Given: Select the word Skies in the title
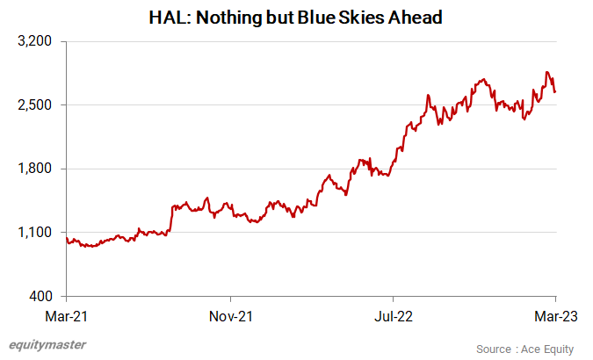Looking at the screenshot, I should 379,16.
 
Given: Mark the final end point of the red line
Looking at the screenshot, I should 555,92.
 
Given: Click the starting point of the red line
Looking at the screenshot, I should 67,239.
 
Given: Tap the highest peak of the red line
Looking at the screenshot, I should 547,72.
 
